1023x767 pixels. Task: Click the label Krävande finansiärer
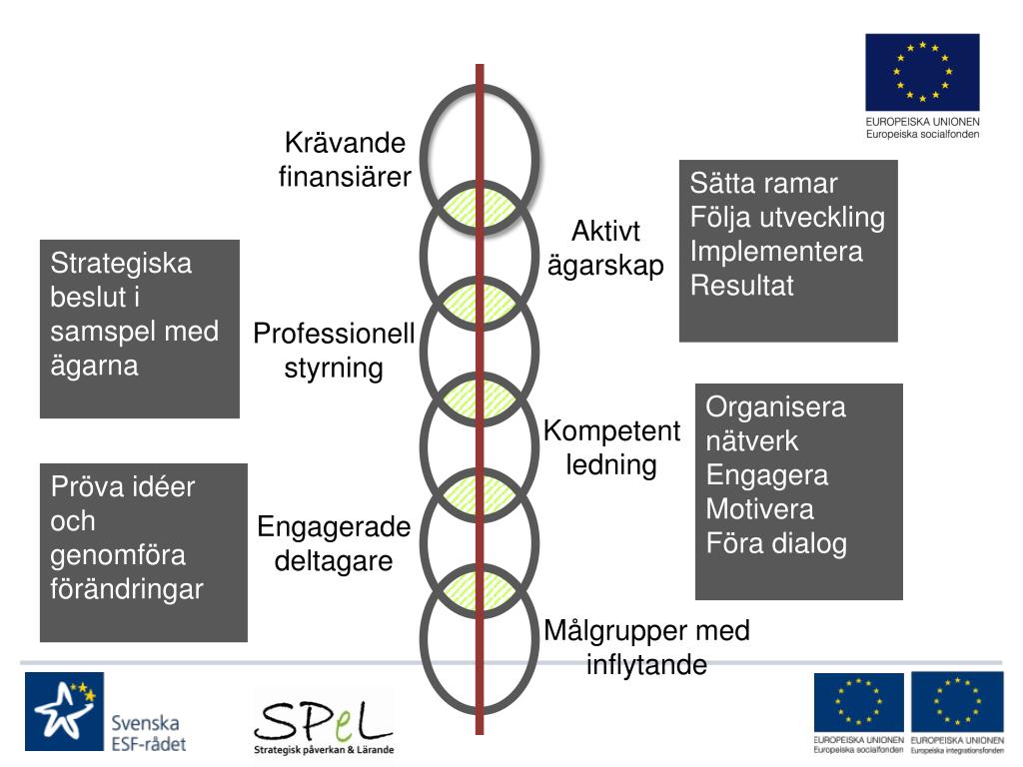tap(345, 161)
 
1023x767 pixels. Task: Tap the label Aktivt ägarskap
tap(605, 250)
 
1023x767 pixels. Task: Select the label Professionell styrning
tap(334, 351)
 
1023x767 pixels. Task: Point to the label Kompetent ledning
tap(611, 448)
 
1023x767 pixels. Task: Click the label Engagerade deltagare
tap(334, 543)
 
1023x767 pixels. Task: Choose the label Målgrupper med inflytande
tap(646, 648)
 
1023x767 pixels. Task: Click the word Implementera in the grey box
tap(776, 252)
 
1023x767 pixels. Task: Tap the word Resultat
tap(742, 286)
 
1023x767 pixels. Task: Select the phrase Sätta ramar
tap(763, 184)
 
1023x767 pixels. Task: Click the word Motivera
tap(759, 509)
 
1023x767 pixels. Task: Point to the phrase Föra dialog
tap(776, 543)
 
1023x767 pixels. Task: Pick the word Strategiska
tap(121, 264)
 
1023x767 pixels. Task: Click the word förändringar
tap(127, 589)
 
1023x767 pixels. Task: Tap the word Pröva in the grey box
tap(87, 487)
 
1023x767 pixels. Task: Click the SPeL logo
tap(323, 724)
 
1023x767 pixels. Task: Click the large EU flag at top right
tap(922, 73)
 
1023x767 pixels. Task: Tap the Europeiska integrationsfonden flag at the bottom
tap(957, 703)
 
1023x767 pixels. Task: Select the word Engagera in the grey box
tap(767, 475)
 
